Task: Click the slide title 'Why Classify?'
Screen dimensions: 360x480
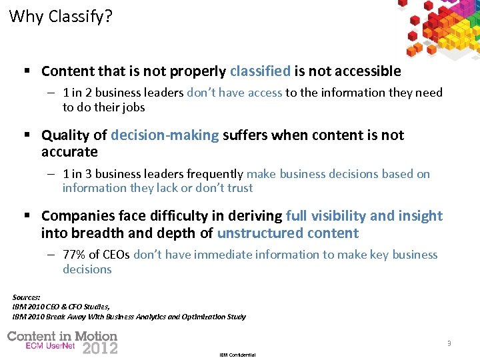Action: (61, 16)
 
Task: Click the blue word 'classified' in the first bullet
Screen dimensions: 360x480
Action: (260, 71)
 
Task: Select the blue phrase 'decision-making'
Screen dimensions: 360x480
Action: (165, 135)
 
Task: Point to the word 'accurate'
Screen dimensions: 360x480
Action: (69, 152)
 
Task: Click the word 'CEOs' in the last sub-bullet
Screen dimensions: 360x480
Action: (116, 255)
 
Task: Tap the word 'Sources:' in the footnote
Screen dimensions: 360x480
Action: (27, 297)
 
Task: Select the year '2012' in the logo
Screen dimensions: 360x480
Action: (99, 347)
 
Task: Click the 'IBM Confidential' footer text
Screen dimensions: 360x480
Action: (237, 355)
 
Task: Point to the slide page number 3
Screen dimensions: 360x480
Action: (449, 343)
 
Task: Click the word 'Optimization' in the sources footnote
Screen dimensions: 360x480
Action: (203, 317)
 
